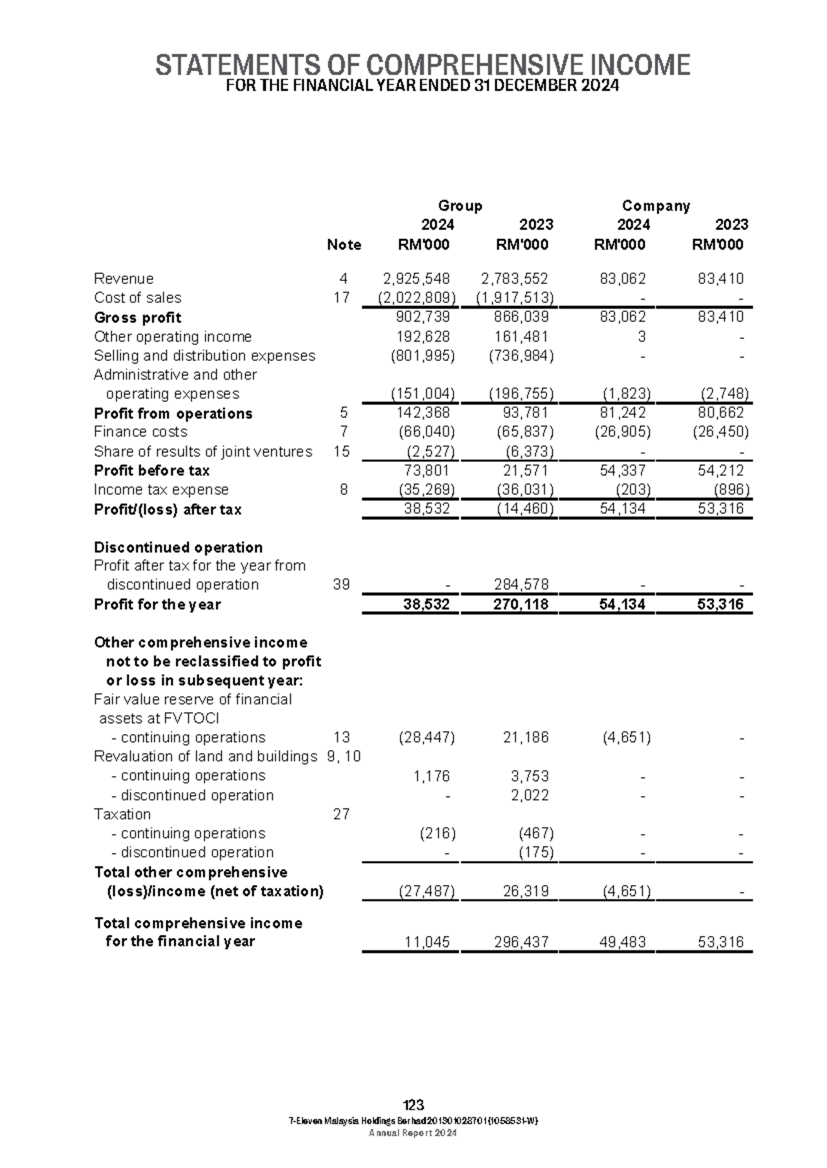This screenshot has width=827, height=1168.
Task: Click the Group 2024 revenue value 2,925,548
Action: click(416, 279)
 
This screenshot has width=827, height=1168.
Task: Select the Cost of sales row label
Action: click(137, 298)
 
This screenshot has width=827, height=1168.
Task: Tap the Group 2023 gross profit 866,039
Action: click(521, 317)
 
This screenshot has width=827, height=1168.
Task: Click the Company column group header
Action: click(655, 206)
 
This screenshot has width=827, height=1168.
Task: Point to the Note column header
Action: click(344, 244)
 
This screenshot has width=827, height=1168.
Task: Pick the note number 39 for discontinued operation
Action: click(341, 585)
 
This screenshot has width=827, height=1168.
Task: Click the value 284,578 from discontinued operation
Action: click(521, 585)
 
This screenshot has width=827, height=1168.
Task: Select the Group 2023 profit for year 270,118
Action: click(521, 605)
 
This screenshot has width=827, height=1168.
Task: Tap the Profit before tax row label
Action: click(152, 470)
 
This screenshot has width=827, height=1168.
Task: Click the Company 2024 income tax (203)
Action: click(632, 490)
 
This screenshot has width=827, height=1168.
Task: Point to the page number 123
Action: click(413, 1105)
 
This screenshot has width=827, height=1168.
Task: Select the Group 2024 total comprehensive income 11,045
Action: click(431, 942)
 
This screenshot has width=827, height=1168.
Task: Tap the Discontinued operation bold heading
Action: click(178, 547)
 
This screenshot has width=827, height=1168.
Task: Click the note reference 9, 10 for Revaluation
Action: click(344, 756)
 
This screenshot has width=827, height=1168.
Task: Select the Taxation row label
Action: click(122, 814)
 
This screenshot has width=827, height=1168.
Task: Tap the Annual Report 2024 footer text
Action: click(413, 1133)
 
